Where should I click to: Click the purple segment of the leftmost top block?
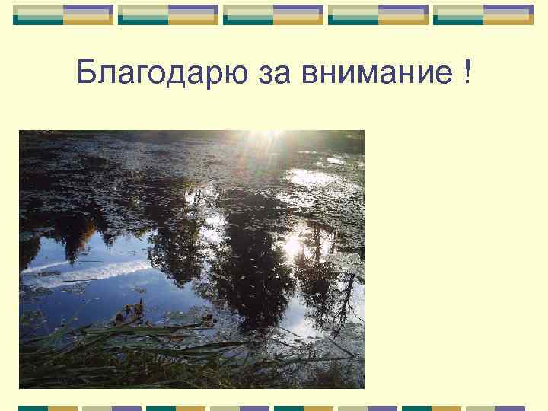tap(88, 10)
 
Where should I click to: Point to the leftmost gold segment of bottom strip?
tap(65, 409)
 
